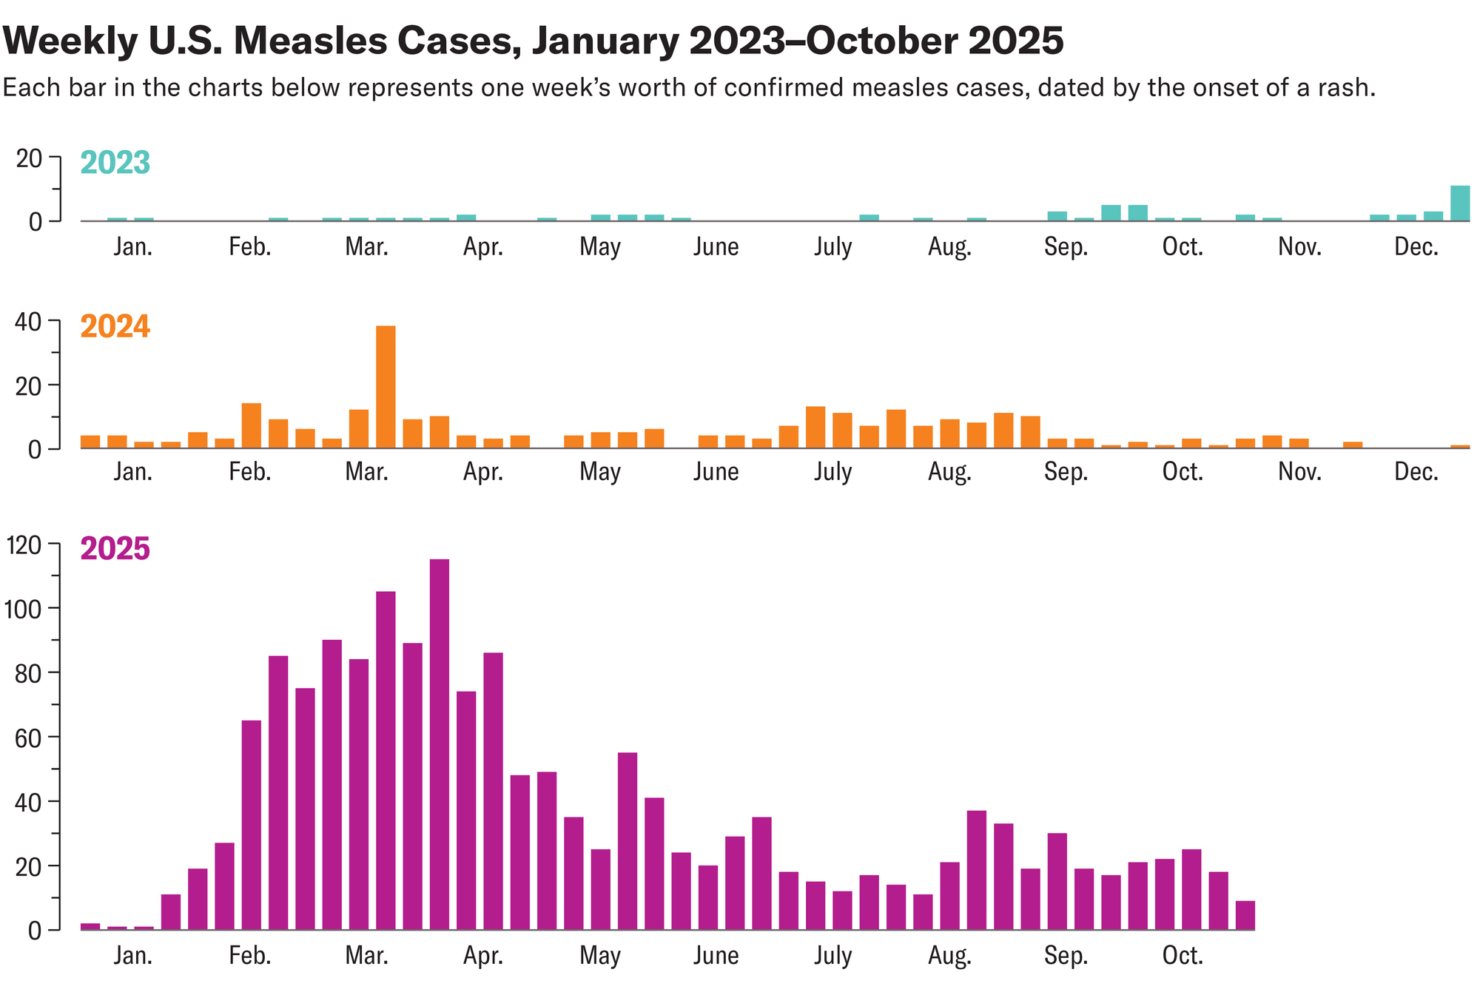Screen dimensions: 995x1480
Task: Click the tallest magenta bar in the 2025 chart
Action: click(439, 743)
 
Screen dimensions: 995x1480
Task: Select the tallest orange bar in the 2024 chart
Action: click(386, 387)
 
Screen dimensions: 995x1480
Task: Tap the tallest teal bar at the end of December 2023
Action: click(1459, 203)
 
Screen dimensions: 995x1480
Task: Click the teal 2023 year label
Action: click(115, 163)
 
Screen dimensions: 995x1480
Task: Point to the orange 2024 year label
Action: click(115, 326)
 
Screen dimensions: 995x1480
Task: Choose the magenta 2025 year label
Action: click(115, 549)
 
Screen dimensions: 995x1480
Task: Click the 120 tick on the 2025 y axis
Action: click(24, 546)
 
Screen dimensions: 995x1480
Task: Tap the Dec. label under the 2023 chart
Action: click(1416, 247)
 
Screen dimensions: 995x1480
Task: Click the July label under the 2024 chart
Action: click(832, 471)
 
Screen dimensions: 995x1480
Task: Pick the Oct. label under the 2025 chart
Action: click(1183, 956)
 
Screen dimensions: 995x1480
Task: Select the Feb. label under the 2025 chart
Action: click(250, 956)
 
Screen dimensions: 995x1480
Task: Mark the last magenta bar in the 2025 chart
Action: click(1245, 915)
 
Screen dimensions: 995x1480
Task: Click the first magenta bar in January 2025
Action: click(90, 926)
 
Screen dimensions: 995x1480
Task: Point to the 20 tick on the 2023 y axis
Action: click(30, 158)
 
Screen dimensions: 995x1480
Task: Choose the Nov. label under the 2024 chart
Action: click(1299, 471)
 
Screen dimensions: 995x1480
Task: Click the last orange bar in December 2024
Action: click(1459, 447)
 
